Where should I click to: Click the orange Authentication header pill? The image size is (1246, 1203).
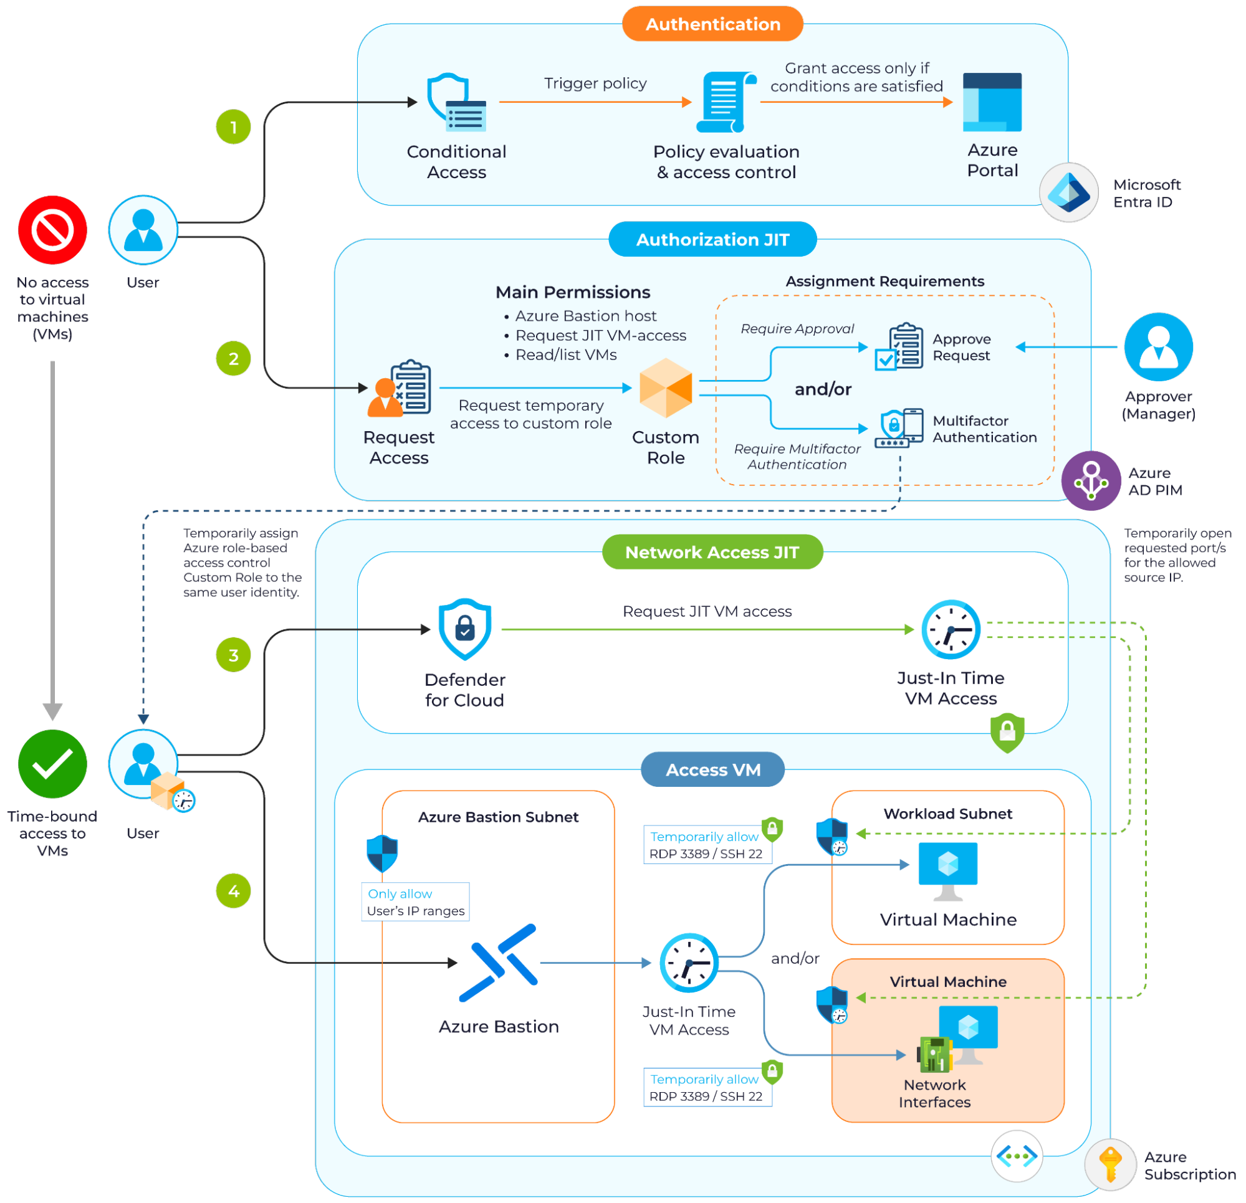[712, 24]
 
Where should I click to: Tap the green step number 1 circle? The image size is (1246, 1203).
[233, 127]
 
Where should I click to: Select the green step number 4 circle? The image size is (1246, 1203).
[233, 890]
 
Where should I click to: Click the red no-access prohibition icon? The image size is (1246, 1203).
[53, 230]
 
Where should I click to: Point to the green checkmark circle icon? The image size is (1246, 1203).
[53, 763]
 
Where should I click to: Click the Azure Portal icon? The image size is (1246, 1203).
[992, 102]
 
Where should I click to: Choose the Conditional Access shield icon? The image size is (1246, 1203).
[457, 102]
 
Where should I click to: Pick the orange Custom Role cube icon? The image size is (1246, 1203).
[666, 388]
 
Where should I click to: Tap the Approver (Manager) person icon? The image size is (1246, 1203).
[1158, 347]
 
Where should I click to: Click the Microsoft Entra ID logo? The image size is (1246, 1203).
[1069, 193]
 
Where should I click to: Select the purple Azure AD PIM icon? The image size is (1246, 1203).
[1091, 480]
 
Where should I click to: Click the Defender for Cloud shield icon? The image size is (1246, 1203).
[465, 629]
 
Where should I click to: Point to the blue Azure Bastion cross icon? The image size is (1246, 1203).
[499, 963]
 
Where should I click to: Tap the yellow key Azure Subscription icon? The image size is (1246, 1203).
[1110, 1164]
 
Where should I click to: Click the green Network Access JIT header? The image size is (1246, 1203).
[712, 552]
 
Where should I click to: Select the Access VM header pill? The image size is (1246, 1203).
[712, 769]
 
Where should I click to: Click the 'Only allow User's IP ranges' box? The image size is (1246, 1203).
[416, 901]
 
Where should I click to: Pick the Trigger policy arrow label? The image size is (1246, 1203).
[595, 83]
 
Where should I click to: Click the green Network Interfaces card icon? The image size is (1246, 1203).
[933, 1053]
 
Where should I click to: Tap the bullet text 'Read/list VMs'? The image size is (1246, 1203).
[566, 354]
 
